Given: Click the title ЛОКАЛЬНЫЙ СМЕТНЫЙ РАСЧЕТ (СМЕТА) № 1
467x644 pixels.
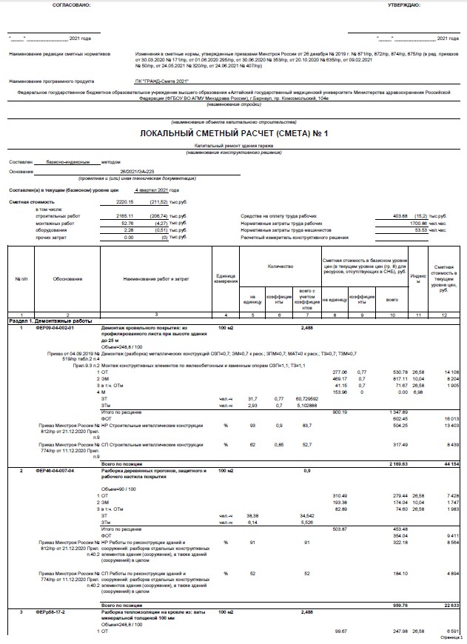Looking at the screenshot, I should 233,133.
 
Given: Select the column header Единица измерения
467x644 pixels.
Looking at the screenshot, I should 225,279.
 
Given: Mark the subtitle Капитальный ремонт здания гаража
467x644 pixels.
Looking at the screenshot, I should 232,147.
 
